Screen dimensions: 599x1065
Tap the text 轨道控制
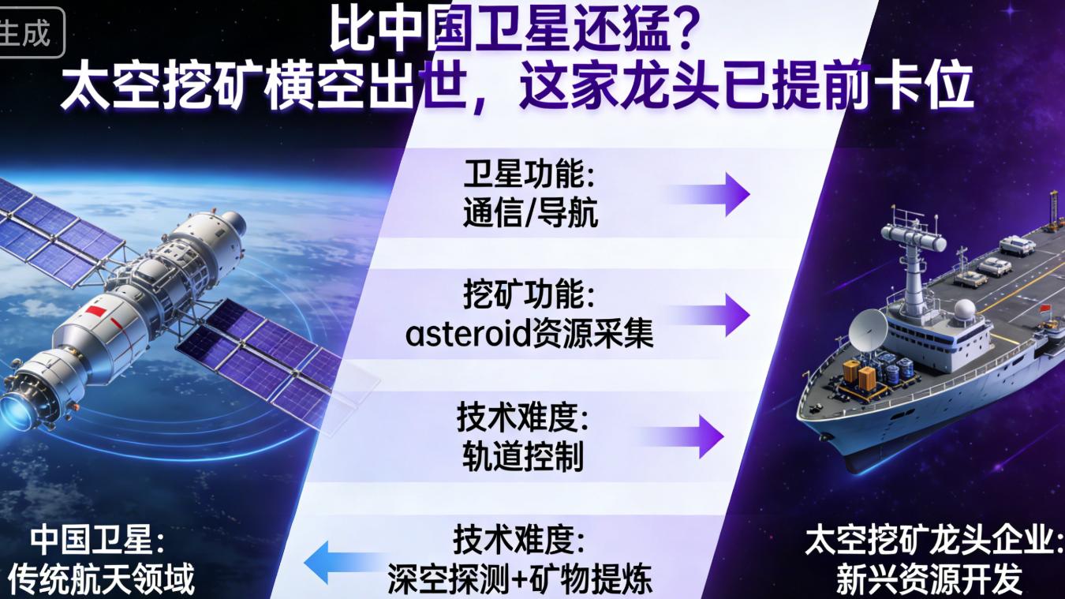point(523,457)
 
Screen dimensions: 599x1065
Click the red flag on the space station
point(94,311)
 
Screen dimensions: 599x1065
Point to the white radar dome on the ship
point(964,309)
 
